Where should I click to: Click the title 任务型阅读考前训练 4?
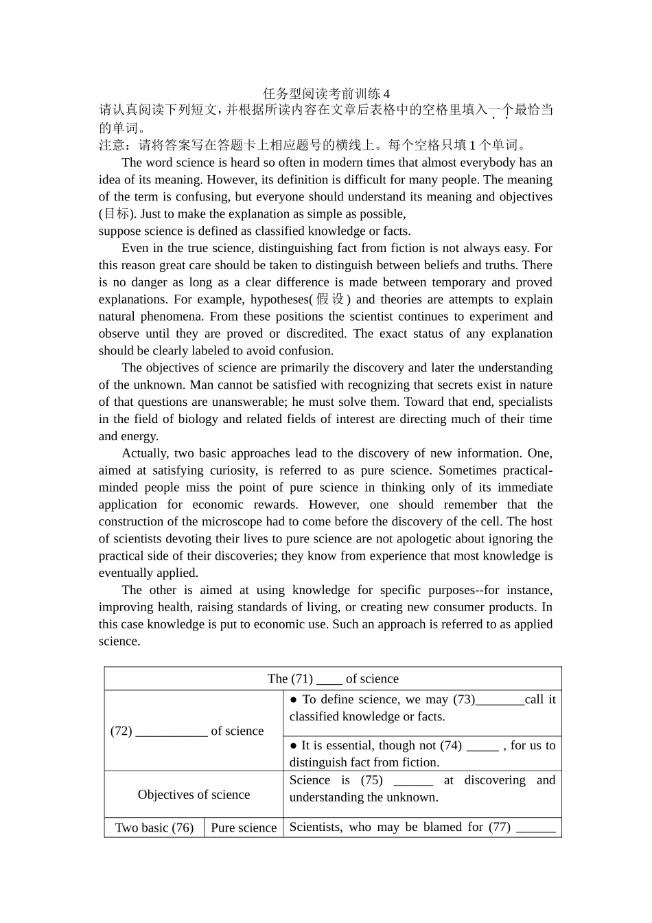326,93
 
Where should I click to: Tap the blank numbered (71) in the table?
329,679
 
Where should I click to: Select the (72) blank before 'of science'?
172,731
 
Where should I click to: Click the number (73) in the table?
464,700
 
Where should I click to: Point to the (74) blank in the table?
482,746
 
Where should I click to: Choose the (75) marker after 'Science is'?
371,780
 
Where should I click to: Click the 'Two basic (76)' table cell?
154,828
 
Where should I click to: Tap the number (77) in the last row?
500,827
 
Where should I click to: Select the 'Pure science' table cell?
244,828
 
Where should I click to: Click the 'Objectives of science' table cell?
194,795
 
